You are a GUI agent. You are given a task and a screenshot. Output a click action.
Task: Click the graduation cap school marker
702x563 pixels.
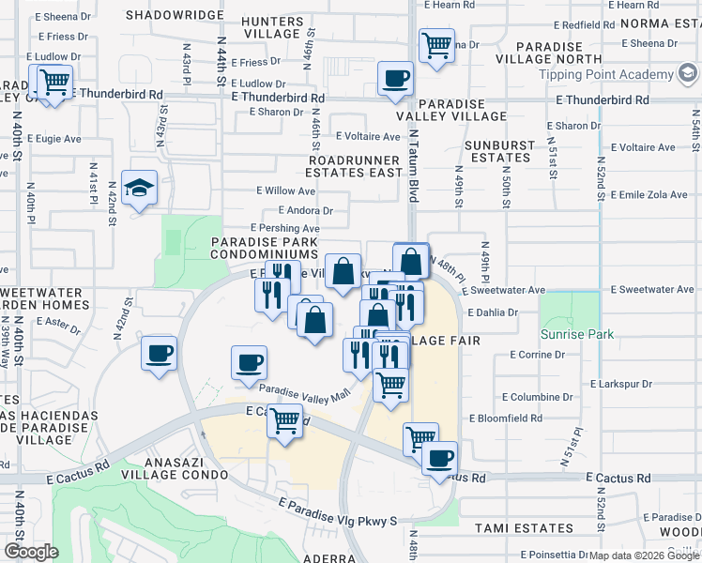click(139, 190)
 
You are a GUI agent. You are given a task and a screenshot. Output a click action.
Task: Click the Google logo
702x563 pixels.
click(31, 551)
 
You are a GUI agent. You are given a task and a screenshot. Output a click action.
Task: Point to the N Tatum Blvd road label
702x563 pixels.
click(411, 165)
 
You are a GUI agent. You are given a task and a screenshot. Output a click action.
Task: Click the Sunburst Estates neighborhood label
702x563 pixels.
click(500, 151)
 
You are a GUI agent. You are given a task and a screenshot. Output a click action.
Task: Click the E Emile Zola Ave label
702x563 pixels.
click(649, 194)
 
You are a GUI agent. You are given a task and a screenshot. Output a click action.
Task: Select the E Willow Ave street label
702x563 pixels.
click(285, 190)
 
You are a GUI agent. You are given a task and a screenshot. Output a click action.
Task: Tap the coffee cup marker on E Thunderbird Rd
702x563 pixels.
click(395, 79)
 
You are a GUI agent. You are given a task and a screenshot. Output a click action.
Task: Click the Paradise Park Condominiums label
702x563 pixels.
click(264, 248)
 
